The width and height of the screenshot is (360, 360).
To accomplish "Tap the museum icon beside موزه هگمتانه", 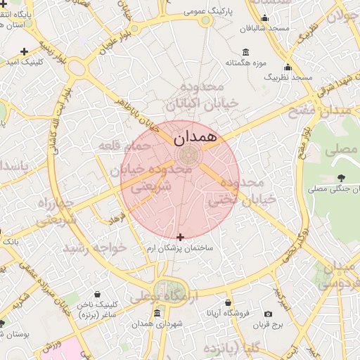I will tap(245, 52).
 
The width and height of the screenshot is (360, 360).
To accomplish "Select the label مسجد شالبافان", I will tap(264, 29).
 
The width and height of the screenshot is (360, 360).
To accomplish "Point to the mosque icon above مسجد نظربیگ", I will tap(288, 68).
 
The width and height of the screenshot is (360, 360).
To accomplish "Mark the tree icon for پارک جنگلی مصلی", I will tap(341, 178).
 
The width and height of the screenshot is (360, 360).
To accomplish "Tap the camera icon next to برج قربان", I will tap(268, 314).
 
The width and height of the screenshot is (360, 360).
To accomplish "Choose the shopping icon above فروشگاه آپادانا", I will tap(228, 302).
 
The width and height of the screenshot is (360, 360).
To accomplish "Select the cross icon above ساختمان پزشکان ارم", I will tap(181, 237).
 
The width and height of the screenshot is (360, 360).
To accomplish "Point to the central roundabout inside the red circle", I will tap(187, 155).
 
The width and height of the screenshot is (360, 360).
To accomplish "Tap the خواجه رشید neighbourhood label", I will tap(94, 248).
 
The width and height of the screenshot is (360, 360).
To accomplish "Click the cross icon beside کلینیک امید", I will tap(25, 51).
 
